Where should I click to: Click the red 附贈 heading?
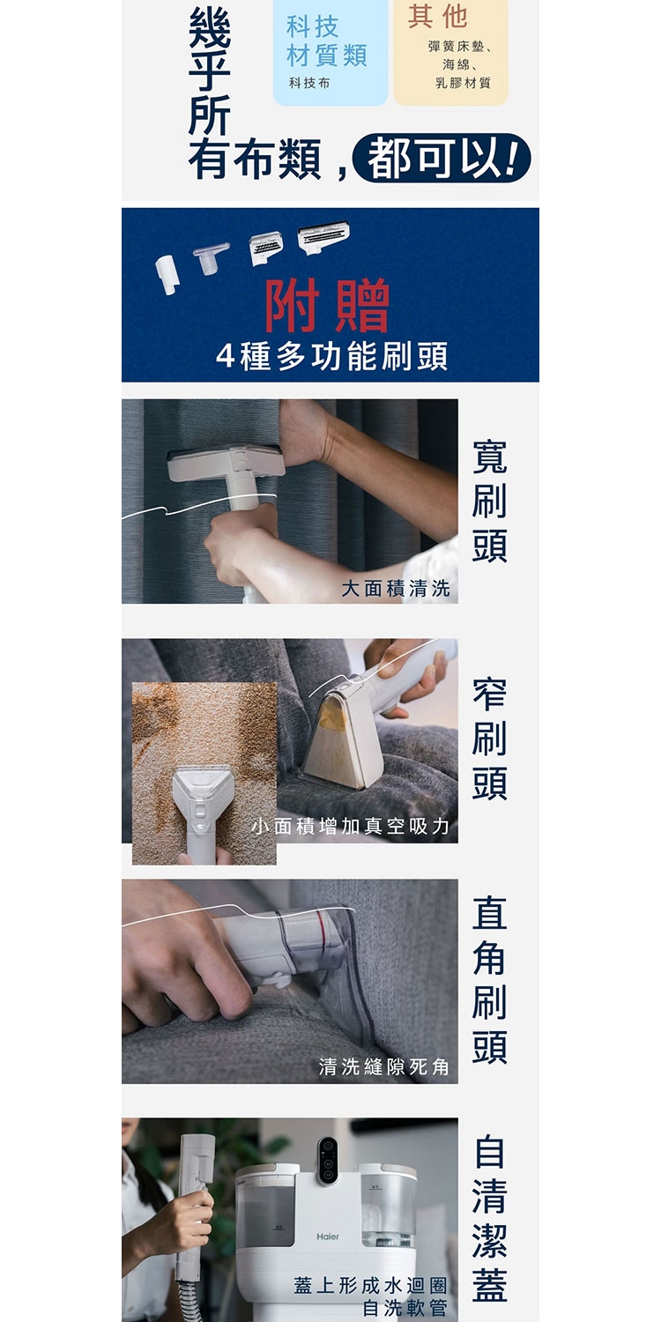[x=327, y=305]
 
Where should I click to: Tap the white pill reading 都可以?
[x=442, y=158]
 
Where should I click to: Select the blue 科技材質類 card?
[x=330, y=53]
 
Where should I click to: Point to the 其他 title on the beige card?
[x=438, y=16]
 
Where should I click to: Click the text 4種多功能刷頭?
[x=331, y=355]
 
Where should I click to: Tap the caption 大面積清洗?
[x=396, y=589]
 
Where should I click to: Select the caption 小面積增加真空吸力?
[x=351, y=827]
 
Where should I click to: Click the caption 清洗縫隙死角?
[x=384, y=1067]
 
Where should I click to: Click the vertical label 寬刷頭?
[x=489, y=501]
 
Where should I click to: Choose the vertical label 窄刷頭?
[x=489, y=739]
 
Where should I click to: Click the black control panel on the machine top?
[x=327, y=1161]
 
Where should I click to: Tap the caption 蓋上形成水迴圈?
[x=370, y=1285]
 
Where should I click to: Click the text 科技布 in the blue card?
[x=309, y=83]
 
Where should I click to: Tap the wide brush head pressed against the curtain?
[x=226, y=462]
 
